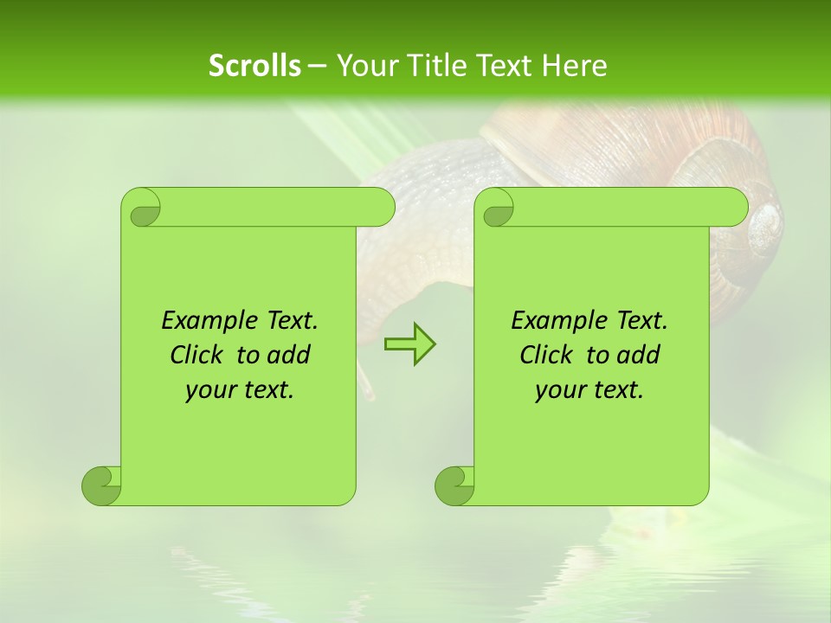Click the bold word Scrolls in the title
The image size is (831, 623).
(254, 66)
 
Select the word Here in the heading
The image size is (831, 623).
(574, 66)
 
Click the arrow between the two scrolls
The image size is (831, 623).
(409, 344)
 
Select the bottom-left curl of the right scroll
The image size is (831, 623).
(454, 485)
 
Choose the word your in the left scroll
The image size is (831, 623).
(208, 390)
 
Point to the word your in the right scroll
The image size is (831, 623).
(557, 390)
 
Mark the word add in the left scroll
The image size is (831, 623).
(290, 355)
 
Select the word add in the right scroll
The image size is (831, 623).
(640, 355)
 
